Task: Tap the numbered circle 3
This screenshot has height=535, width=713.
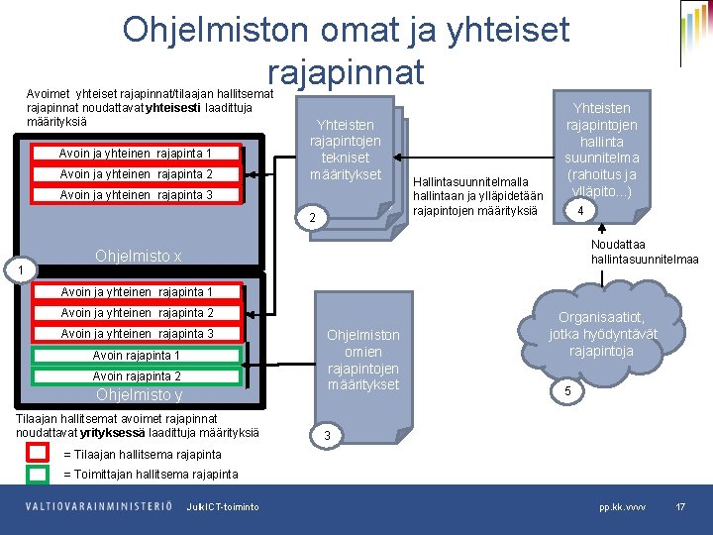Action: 326,436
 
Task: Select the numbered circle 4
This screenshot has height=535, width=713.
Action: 582,213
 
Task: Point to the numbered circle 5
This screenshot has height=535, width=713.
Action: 567,392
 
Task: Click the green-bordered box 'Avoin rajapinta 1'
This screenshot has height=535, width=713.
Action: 137,356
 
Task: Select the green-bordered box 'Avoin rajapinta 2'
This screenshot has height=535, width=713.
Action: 137,376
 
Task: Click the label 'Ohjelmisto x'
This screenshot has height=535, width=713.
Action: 138,257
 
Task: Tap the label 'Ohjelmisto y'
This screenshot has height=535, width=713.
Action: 139,395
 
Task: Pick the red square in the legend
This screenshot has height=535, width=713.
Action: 38,453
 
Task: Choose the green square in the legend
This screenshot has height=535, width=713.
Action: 38,474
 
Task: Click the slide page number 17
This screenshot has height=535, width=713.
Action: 680,507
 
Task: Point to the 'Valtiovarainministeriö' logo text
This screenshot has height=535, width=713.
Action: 99,507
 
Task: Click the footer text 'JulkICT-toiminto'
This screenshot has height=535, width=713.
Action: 223,507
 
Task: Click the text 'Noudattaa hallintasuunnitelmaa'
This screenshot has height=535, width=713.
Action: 644,252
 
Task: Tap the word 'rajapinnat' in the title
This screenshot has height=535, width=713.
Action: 345,72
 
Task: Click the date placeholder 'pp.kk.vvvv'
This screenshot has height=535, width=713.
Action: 622,507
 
